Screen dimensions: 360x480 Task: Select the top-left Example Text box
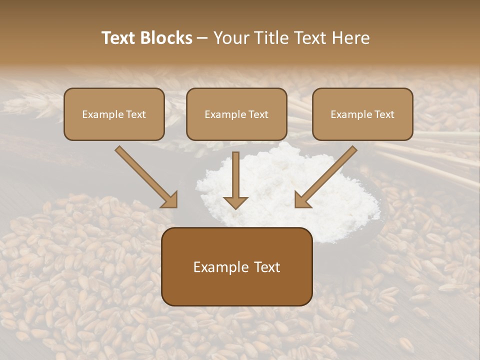[x=114, y=114]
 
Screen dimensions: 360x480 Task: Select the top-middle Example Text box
[x=236, y=114]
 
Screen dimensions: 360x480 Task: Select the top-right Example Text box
[x=362, y=114]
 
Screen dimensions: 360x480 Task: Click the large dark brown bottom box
[x=237, y=266]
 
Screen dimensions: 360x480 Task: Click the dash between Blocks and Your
[x=202, y=38]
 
